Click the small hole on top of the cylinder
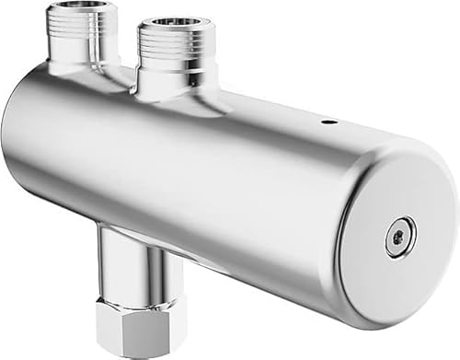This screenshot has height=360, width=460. [x=328, y=120]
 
